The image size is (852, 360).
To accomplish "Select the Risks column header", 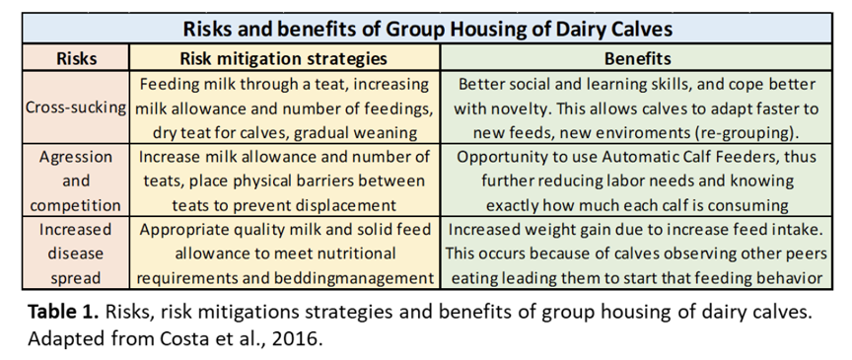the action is [77, 58].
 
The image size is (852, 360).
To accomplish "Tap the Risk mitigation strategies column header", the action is [284, 58].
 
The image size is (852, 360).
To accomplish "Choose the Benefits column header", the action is [637, 58].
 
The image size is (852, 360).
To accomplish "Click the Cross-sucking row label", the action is [76, 108].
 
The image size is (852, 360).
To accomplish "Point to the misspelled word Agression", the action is [76, 157].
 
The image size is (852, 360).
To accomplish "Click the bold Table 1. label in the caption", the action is [63, 313].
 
